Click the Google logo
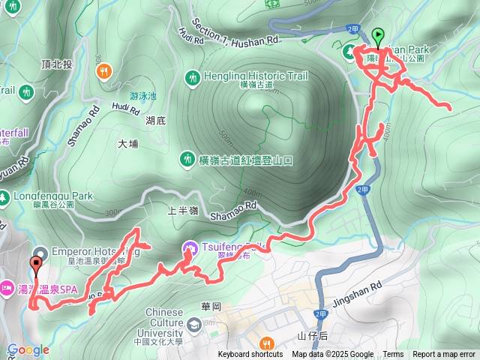[x=28, y=349]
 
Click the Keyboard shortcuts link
[x=250, y=355]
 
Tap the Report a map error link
[x=444, y=355]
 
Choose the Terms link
[x=393, y=355]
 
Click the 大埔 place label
[x=128, y=143]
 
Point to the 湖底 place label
[x=157, y=120]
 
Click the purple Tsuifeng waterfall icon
[x=190, y=247]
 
